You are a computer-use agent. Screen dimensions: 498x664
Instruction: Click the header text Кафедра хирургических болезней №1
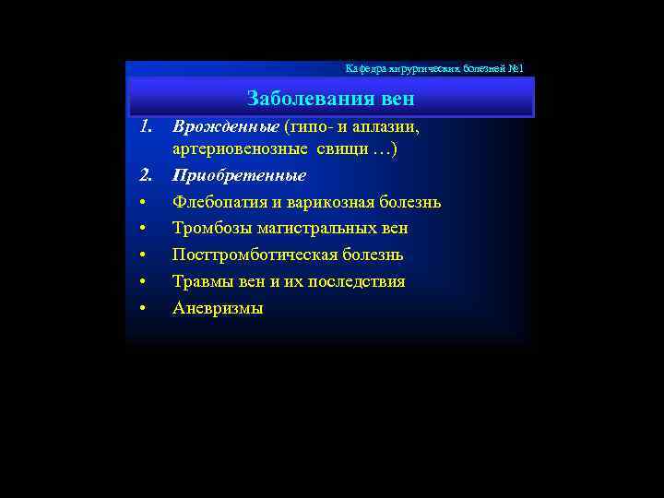pos(434,69)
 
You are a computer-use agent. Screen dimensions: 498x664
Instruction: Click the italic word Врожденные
pos(225,124)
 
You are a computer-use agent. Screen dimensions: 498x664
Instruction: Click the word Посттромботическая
pos(253,255)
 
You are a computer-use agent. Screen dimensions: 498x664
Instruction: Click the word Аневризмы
pos(218,308)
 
